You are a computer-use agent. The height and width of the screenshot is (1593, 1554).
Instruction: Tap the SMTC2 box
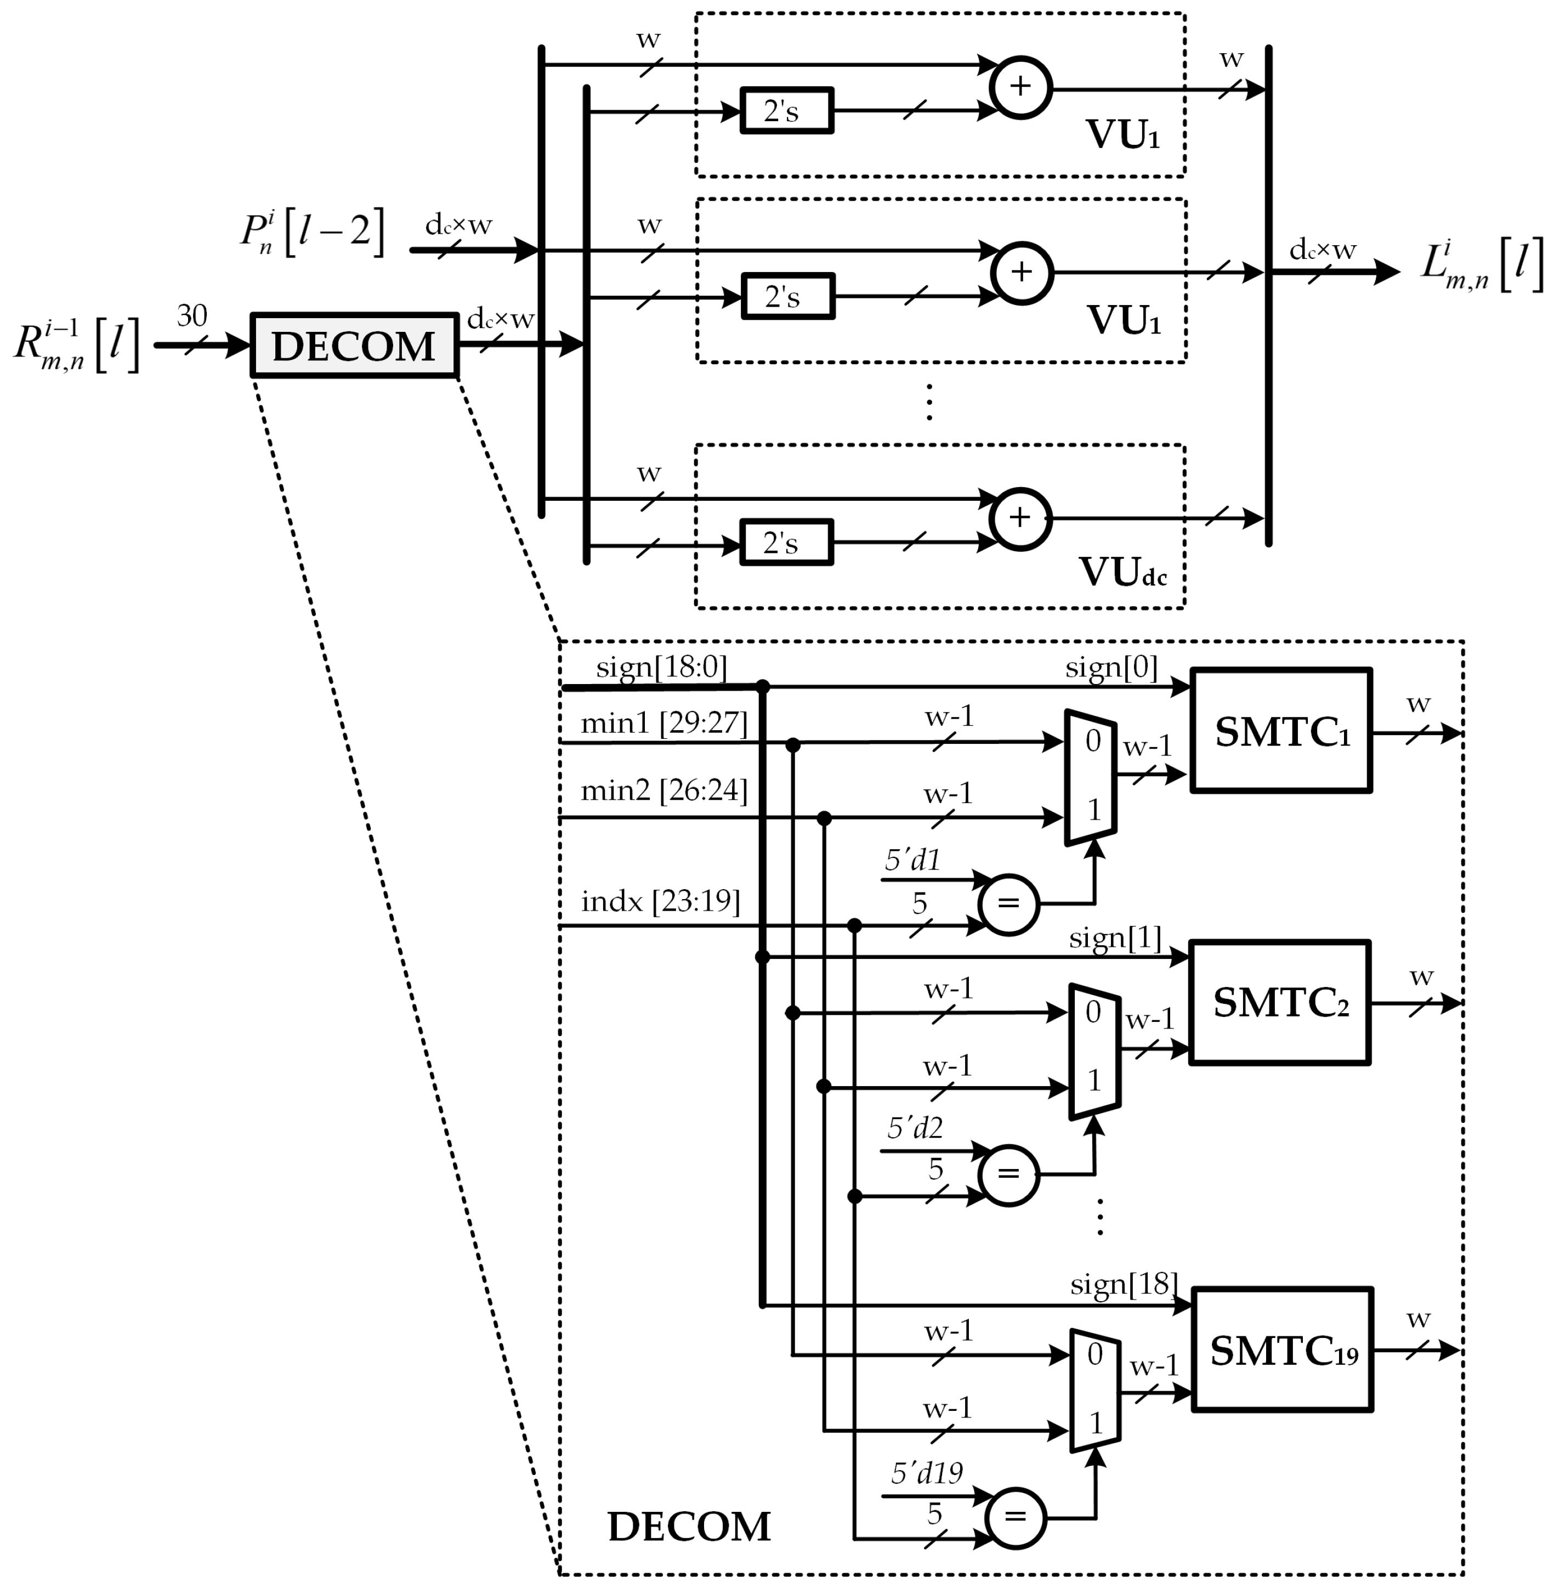point(1280,1003)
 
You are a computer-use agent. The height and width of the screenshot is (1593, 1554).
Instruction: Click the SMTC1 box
point(1280,731)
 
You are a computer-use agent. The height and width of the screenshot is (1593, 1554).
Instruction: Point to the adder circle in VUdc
point(1020,518)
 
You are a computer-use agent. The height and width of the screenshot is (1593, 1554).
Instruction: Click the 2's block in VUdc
point(786,542)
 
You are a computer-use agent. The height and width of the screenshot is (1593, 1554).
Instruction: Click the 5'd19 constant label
point(926,1473)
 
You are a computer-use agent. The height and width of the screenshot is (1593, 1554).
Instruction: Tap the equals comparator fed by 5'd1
point(1009,904)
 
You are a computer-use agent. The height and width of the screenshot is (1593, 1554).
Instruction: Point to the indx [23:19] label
point(660,901)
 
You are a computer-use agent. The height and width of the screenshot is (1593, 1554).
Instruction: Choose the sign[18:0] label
point(661,667)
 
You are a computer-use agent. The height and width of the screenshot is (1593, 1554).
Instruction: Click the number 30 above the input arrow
point(192,316)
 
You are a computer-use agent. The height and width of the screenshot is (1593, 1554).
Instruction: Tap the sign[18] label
point(1123,1284)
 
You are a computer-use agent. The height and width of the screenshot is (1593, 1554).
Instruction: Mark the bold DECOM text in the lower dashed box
point(689,1527)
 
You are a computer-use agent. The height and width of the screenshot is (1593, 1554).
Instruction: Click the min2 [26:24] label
point(663,790)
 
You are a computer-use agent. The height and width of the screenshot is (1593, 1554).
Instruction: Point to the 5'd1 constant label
point(912,860)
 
